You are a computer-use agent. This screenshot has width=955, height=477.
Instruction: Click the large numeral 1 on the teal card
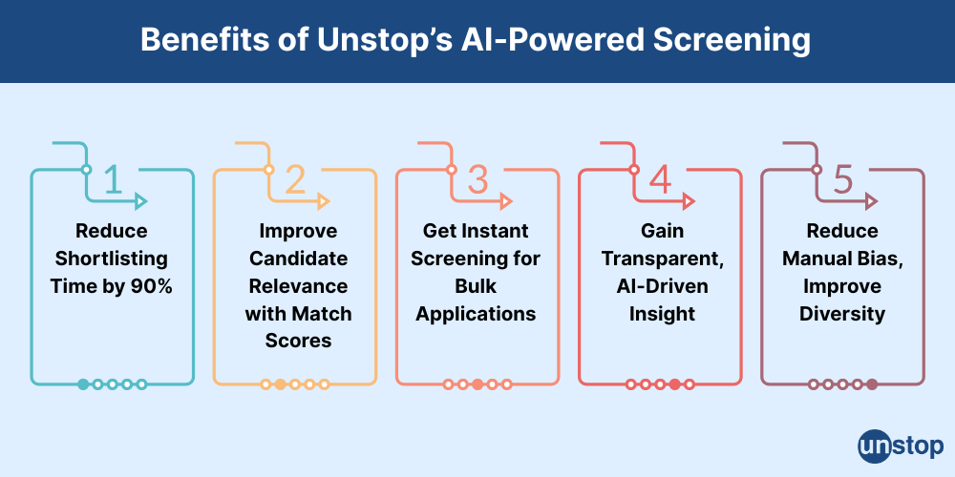(x=113, y=178)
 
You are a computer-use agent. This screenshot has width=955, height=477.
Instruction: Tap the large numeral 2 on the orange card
(x=295, y=178)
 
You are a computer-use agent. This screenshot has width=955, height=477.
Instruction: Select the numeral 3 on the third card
(x=478, y=178)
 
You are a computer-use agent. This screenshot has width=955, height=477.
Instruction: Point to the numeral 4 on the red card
(x=661, y=178)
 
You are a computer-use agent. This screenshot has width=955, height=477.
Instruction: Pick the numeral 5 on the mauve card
(x=843, y=178)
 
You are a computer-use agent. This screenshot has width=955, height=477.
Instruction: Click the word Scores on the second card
(x=297, y=341)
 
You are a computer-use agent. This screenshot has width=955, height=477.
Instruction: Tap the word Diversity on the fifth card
(x=842, y=313)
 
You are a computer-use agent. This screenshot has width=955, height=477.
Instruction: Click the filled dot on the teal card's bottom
(x=83, y=384)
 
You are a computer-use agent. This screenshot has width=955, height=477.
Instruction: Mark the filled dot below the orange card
(x=280, y=384)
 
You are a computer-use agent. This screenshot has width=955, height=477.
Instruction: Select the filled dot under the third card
(x=477, y=384)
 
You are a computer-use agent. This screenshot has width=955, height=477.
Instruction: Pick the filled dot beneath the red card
(x=675, y=384)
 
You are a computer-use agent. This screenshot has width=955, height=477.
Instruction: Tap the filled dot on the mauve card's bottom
(x=872, y=384)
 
